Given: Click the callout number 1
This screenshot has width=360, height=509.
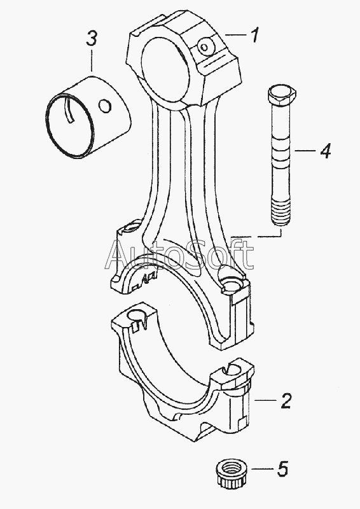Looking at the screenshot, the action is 256,35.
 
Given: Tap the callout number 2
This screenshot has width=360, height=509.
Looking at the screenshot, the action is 286,401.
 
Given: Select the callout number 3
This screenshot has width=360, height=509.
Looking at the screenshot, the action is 92,39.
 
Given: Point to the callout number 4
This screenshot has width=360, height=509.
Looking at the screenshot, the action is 324,151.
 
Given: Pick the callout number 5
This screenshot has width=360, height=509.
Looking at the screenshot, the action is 282,469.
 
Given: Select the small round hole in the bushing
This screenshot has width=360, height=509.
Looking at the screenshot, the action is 105,106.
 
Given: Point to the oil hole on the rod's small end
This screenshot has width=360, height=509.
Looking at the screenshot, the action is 205,47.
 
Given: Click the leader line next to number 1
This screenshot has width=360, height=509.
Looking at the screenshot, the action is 235,34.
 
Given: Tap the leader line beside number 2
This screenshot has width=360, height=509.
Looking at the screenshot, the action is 265,401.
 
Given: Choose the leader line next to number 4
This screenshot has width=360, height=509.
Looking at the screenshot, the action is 305,150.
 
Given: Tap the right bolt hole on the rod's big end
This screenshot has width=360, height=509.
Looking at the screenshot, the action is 232,283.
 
